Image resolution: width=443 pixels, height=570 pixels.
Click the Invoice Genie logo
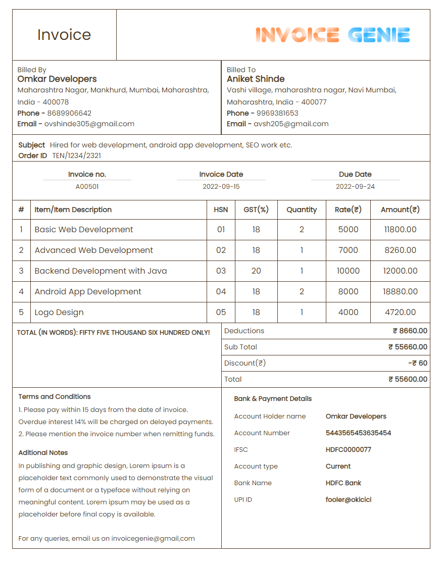(332, 35)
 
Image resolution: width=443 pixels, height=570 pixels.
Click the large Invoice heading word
(64, 35)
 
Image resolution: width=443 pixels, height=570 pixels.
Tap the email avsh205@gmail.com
(291, 124)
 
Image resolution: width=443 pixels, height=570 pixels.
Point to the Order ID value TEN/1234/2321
(77, 156)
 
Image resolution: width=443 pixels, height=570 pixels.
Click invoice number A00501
(87, 186)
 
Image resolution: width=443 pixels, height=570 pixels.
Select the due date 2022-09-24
(355, 186)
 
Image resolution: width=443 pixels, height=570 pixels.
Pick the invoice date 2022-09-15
(221, 186)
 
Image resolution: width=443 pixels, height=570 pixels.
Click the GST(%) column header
(256, 210)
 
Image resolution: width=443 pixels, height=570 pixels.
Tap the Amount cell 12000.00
(400, 271)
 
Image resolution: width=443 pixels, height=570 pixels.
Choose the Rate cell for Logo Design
(348, 312)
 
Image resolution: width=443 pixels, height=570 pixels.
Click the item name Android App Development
(88, 291)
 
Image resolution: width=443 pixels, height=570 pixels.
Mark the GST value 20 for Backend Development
(256, 271)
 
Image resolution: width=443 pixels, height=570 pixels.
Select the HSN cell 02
(221, 250)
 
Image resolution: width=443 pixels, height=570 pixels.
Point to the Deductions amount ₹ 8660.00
(410, 331)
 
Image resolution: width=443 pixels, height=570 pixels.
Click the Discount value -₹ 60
(417, 363)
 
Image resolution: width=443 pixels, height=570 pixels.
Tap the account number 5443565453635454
(358, 433)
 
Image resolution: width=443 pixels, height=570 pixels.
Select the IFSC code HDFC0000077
(348, 449)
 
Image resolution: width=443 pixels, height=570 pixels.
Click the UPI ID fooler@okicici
(348, 499)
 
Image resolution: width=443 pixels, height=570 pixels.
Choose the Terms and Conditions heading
(55, 396)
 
